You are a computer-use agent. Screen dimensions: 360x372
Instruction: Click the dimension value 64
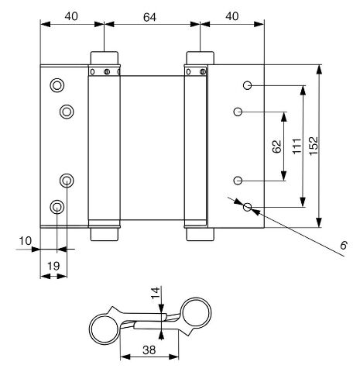(149, 17)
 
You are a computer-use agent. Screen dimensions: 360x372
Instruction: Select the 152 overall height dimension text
(314, 146)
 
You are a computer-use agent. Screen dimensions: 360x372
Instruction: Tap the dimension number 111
(297, 146)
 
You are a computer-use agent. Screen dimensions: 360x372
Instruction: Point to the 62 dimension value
(277, 146)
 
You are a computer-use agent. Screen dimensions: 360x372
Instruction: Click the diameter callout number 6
(344, 245)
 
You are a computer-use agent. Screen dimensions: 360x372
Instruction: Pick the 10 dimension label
(26, 241)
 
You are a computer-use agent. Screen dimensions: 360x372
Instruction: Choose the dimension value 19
(53, 266)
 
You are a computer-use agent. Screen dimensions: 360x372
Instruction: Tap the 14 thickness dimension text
(156, 293)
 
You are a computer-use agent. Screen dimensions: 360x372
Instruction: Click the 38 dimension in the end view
(149, 350)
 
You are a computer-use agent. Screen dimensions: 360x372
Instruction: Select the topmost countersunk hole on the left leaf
(57, 85)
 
